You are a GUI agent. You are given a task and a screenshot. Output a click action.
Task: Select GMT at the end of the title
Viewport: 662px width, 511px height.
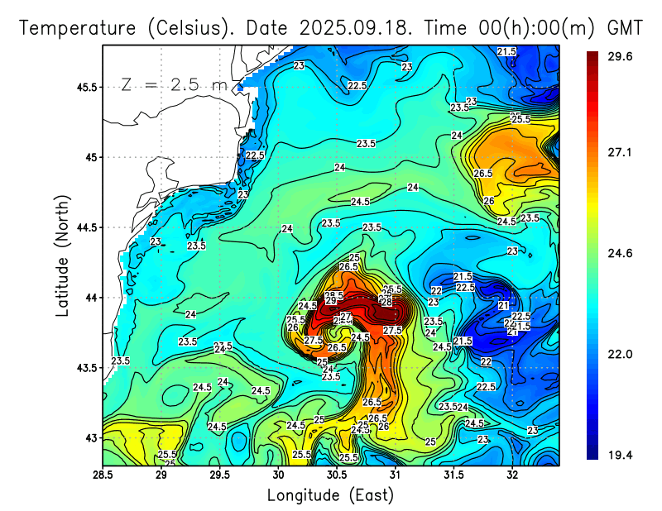[625, 28]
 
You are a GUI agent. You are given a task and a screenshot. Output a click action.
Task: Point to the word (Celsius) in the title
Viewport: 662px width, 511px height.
[189, 28]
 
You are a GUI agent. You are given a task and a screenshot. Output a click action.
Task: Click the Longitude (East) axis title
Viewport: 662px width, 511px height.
[330, 495]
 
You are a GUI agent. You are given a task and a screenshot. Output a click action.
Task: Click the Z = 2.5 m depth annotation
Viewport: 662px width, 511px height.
[174, 84]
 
